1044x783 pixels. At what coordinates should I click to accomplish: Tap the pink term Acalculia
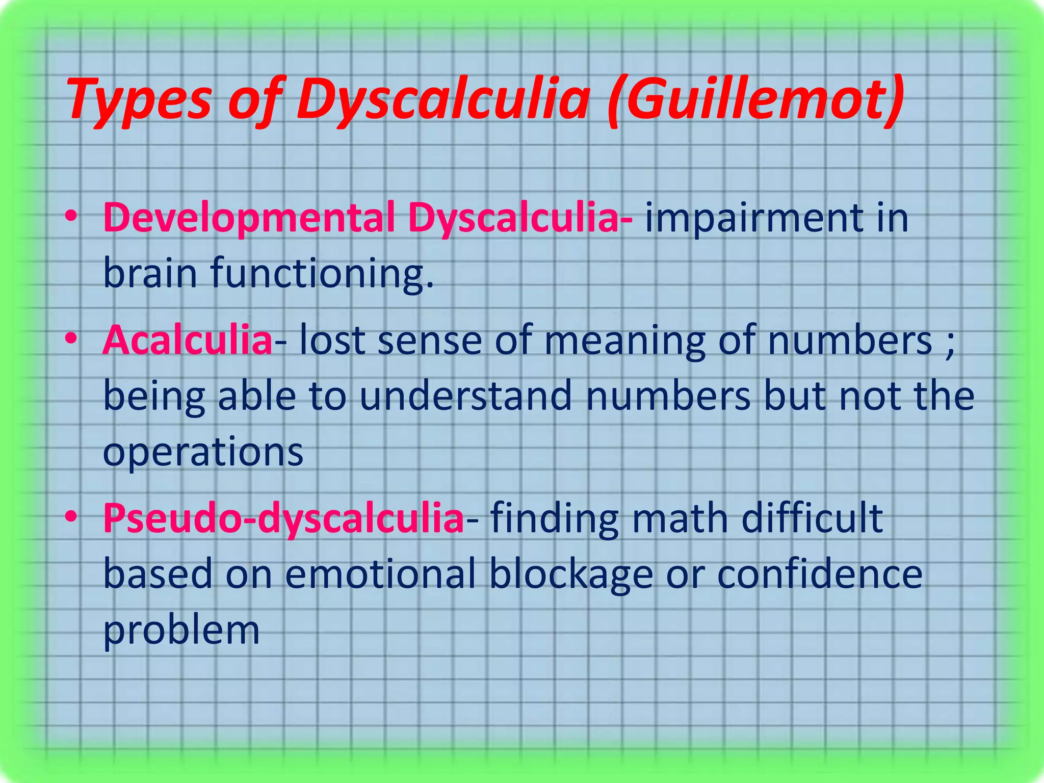(x=188, y=341)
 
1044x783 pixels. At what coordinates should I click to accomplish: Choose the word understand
(x=465, y=397)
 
